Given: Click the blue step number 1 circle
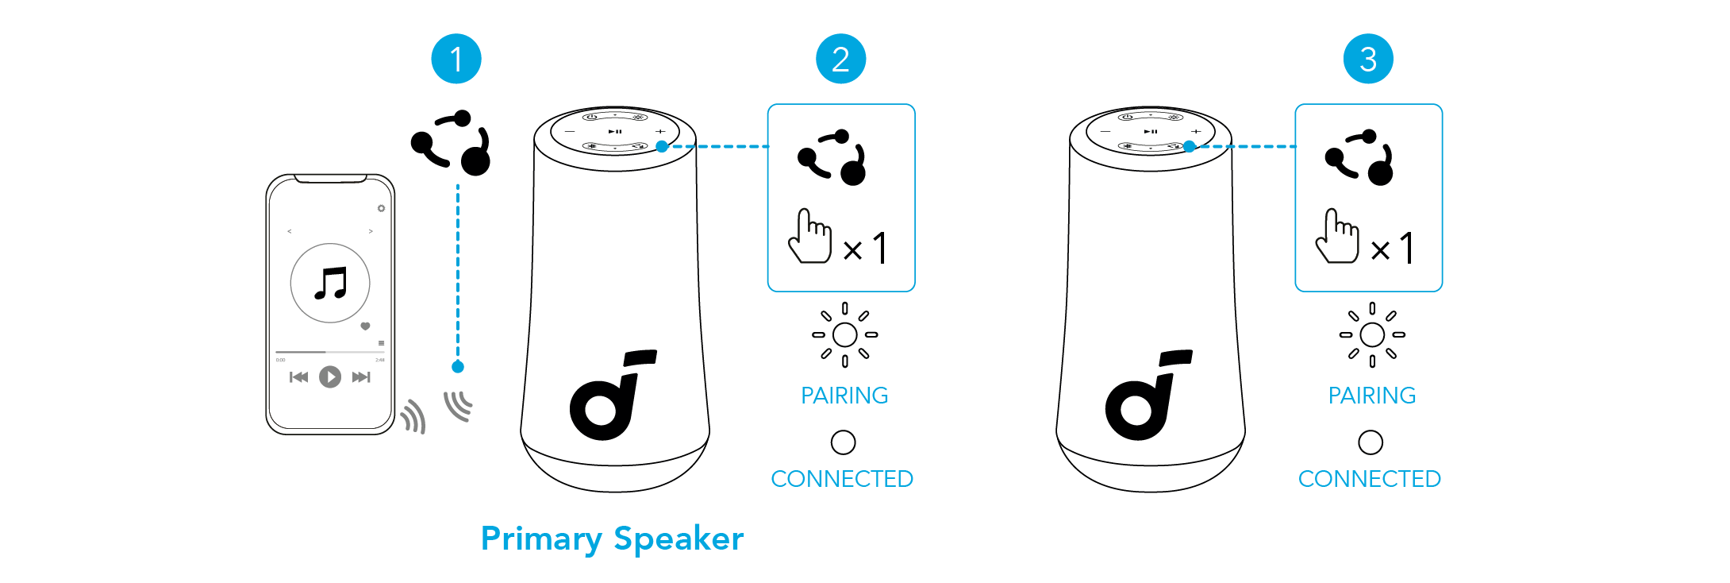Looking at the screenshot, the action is [x=456, y=59].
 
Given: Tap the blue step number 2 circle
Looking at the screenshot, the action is [x=841, y=59].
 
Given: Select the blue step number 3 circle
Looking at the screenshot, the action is [x=1368, y=59].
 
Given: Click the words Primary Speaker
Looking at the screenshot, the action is [x=612, y=539].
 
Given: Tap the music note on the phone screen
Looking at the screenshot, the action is [x=331, y=283].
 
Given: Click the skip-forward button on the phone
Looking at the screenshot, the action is [x=361, y=376].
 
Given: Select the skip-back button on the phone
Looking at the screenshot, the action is [x=299, y=376].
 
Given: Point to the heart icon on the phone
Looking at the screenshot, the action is [x=365, y=326].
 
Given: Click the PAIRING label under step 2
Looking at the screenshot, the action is [x=844, y=396].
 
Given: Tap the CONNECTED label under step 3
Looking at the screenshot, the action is [x=1369, y=479].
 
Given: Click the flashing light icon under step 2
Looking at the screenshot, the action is [x=844, y=334].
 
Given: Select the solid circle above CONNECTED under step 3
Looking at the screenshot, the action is [x=1371, y=442].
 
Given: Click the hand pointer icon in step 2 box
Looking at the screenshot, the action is [x=809, y=235].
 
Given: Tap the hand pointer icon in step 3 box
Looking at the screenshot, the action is [x=1337, y=235].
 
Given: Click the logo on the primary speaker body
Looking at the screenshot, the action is [x=613, y=394].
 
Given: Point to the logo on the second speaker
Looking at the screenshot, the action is [x=1149, y=394].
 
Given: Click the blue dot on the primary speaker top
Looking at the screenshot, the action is [x=662, y=146].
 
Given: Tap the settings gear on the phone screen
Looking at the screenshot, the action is [x=381, y=208].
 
